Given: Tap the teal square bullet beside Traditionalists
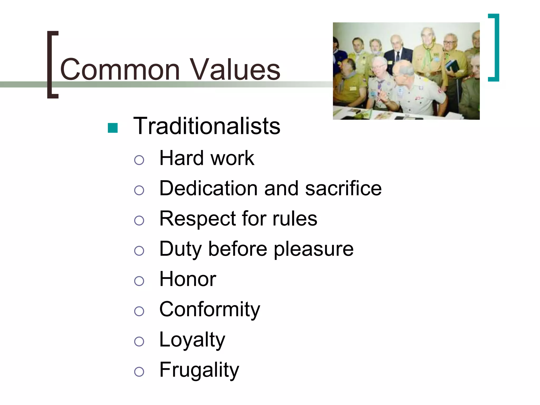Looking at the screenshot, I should (x=113, y=128).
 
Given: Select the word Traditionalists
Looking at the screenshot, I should (x=207, y=126).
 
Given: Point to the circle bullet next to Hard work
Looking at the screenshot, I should (x=139, y=160).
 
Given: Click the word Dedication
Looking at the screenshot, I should (x=208, y=188).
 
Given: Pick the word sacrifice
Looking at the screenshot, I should (x=343, y=188).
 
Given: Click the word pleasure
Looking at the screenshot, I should (x=314, y=249).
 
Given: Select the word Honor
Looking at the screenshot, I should (x=188, y=279).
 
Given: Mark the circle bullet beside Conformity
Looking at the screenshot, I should (x=139, y=311).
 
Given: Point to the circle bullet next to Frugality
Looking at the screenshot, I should (x=139, y=372).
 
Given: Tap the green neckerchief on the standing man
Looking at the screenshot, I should (x=429, y=51).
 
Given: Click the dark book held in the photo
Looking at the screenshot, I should (x=452, y=65).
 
